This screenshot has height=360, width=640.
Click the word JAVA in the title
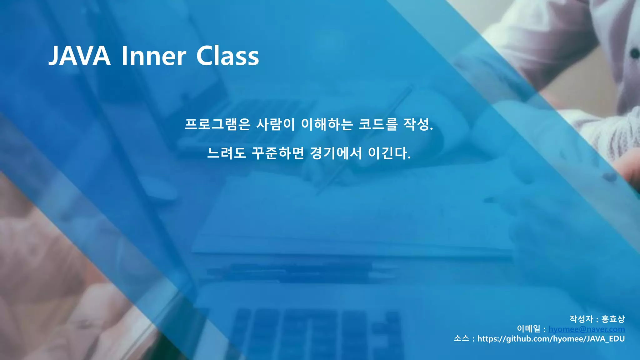[x=80, y=56]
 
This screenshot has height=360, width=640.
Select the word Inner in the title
[x=153, y=56]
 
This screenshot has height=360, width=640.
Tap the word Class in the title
[x=227, y=56]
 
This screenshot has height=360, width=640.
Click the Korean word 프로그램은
[x=217, y=124]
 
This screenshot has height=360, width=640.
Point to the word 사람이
[x=275, y=124]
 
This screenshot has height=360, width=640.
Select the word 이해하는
[x=327, y=124]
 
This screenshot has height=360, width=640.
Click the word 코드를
[x=378, y=124]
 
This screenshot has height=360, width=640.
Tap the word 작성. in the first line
[x=418, y=124]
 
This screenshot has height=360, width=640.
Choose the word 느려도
[x=227, y=153]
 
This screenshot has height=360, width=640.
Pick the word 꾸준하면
[x=278, y=153]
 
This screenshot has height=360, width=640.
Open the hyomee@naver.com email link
[x=587, y=329]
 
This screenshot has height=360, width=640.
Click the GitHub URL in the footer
[x=551, y=339]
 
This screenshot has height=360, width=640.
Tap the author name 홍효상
[x=613, y=319]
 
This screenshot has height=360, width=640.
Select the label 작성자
[x=581, y=319]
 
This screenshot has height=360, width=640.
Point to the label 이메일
[x=528, y=329]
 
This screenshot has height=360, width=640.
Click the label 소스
[x=461, y=339]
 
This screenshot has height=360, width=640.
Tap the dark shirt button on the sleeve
[x=635, y=53]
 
